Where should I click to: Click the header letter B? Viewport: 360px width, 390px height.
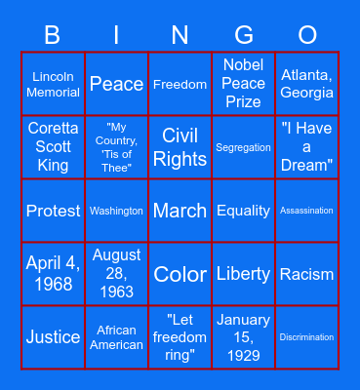(x=53, y=36)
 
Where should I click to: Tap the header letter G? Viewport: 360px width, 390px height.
(x=244, y=36)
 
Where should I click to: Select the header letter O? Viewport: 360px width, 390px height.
(x=307, y=36)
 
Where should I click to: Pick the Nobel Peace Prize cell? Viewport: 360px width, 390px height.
(x=243, y=85)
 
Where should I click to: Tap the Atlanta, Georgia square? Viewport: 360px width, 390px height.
(x=306, y=85)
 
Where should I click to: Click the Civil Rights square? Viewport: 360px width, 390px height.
(x=180, y=147)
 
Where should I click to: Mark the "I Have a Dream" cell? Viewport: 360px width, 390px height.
(x=306, y=147)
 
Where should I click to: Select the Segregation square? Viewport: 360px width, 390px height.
(x=243, y=147)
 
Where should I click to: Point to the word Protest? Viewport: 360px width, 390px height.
(x=54, y=211)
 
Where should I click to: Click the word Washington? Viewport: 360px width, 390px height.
(x=116, y=211)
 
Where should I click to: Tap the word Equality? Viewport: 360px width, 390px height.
(x=243, y=211)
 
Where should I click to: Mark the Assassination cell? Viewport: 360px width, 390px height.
(x=306, y=211)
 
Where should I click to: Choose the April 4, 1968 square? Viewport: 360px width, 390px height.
(x=54, y=274)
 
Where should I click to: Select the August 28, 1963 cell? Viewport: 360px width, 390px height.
(x=116, y=274)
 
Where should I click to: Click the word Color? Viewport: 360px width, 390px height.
(x=180, y=274)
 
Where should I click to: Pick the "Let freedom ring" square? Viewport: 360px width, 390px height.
(x=180, y=337)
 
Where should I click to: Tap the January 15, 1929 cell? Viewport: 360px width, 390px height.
(x=243, y=337)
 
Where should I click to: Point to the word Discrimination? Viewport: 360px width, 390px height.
(x=306, y=337)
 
